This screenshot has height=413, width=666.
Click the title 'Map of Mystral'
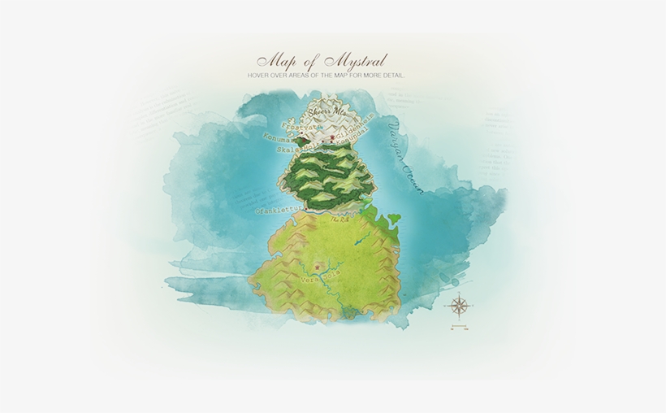tap(322, 62)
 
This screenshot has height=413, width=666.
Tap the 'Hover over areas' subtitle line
tap(326, 76)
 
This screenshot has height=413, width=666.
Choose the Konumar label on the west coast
tap(279, 139)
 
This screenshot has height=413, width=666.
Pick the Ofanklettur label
tap(279, 210)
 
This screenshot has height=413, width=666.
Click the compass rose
tap(459, 306)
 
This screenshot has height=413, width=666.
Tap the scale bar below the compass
tap(459, 328)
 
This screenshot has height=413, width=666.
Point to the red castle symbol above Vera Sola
tap(317, 264)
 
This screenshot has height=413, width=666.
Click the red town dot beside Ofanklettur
tap(305, 208)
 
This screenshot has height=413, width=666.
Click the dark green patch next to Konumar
tap(298, 141)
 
